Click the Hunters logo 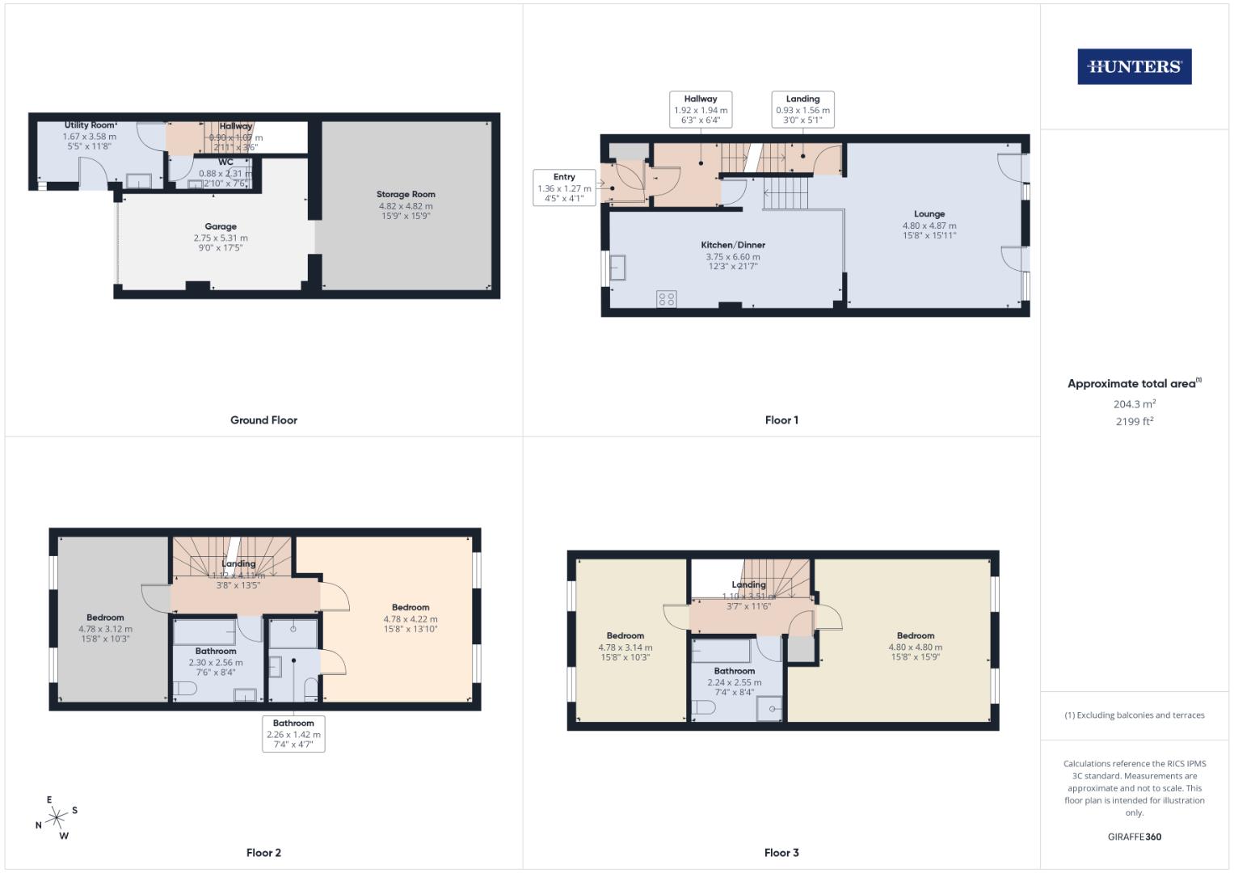click(x=1134, y=67)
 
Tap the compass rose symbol click(x=57, y=818)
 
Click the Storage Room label click(x=406, y=195)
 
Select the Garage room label click(x=220, y=227)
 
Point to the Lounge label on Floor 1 click(x=929, y=214)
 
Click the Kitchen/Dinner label click(x=732, y=245)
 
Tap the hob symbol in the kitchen click(x=667, y=299)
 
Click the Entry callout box click(x=564, y=188)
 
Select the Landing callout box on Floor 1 click(x=802, y=109)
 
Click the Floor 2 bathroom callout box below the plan click(x=293, y=734)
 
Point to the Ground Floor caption click(x=263, y=420)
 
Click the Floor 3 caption click(x=781, y=853)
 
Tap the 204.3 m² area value click(x=1134, y=404)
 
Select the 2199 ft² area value click(x=1134, y=421)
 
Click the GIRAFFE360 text click(x=1134, y=837)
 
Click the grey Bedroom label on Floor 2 click(x=105, y=618)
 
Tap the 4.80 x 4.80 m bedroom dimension click(x=915, y=647)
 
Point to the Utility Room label click(x=90, y=125)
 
